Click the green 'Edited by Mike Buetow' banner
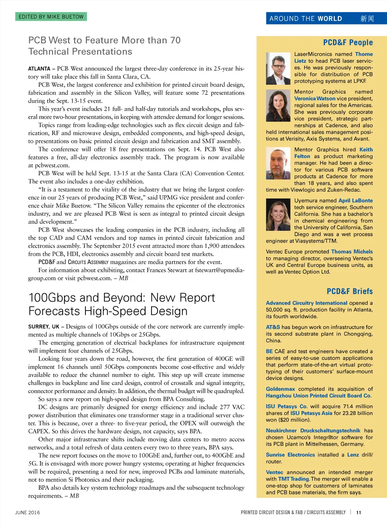51,17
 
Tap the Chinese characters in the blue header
367,19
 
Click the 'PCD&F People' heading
348,42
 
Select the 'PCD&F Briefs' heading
350,291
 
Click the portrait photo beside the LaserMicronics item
278,68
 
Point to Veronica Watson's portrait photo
278,105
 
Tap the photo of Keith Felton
278,164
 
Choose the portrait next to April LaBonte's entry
278,215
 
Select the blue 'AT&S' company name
273,327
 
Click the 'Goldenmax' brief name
280,389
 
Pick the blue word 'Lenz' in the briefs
353,455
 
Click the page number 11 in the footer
359,513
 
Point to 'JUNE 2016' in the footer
28,513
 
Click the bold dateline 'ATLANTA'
39,69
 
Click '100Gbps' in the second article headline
53,298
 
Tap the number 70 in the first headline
175,40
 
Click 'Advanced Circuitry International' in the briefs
307,303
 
